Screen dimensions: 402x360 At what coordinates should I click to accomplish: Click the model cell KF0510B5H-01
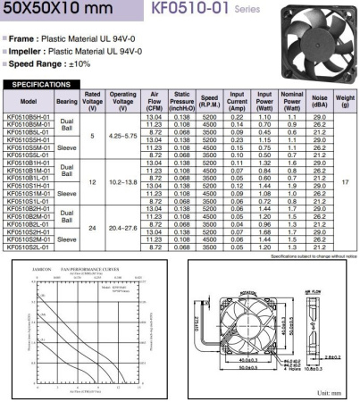click(28, 117)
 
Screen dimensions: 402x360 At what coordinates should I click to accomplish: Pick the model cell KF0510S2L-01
click(28, 247)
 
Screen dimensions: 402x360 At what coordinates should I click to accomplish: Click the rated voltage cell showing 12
click(93, 181)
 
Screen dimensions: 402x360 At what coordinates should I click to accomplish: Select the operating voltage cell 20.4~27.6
click(123, 227)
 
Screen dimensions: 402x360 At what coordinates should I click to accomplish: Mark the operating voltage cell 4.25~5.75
click(123, 136)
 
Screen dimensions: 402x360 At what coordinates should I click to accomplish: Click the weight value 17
click(345, 181)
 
